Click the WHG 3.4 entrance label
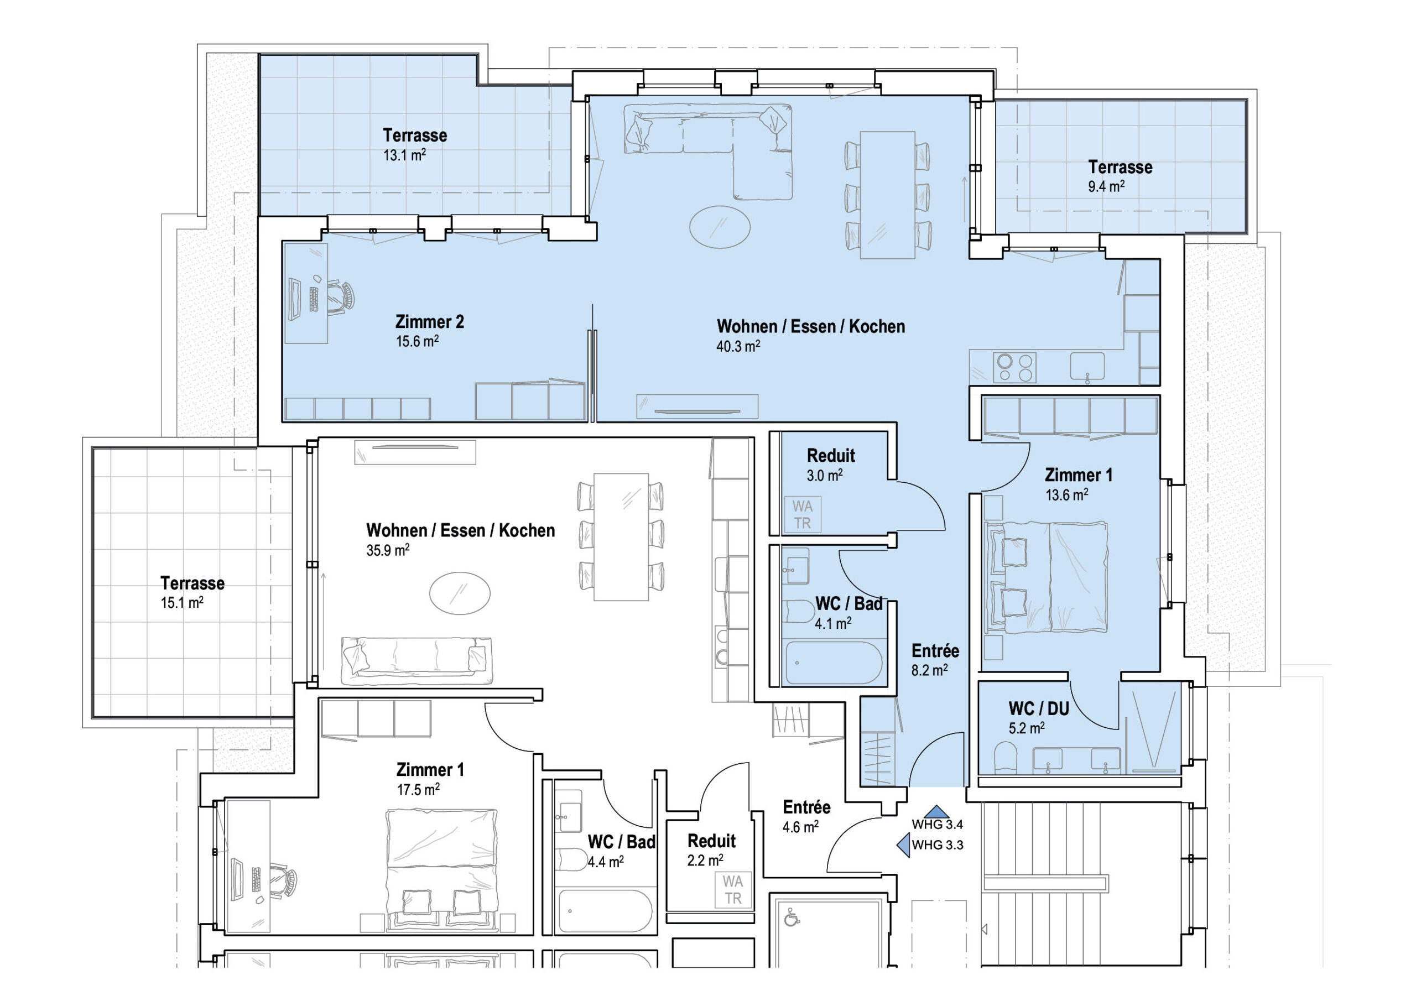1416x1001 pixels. pyautogui.click(x=937, y=824)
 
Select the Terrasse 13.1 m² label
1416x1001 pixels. pyautogui.click(x=414, y=144)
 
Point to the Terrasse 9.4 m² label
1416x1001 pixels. pyautogui.click(x=1120, y=176)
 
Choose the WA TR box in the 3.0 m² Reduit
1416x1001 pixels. pyautogui.click(x=803, y=514)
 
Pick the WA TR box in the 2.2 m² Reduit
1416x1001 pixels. pyautogui.click(x=733, y=889)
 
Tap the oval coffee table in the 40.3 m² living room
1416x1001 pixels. pyautogui.click(x=720, y=227)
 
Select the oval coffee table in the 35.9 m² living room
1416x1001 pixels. pyautogui.click(x=460, y=593)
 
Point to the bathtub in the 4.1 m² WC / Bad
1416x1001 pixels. pyautogui.click(x=832, y=663)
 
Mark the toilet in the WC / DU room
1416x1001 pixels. pyautogui.click(x=1006, y=757)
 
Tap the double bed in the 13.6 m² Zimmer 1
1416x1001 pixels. pyautogui.click(x=1048, y=577)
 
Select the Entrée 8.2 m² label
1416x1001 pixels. pyautogui.click(x=935, y=659)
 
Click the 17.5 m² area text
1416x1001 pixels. pyautogui.click(x=418, y=789)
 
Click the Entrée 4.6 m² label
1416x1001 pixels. pyautogui.click(x=806, y=816)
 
